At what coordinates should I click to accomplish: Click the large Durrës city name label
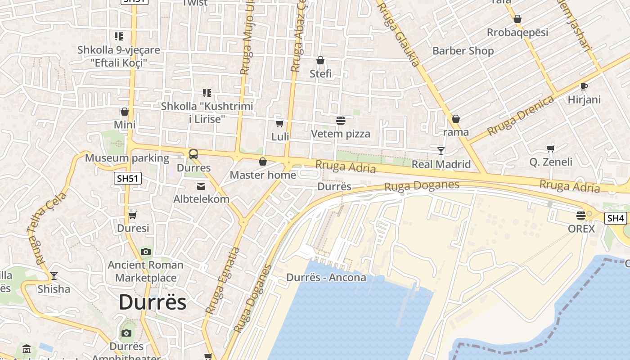click(x=152, y=302)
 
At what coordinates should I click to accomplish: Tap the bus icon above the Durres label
click(x=193, y=154)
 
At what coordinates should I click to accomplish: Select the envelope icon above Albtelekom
click(x=201, y=186)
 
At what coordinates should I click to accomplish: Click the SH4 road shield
click(x=616, y=218)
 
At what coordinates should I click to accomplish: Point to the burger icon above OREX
click(x=581, y=215)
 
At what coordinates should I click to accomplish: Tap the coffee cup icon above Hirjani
click(x=584, y=86)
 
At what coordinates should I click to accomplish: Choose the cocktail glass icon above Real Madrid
click(x=441, y=151)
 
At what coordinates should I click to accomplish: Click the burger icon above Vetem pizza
click(x=340, y=120)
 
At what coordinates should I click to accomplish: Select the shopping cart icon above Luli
click(x=280, y=123)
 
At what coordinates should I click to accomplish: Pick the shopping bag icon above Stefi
click(x=320, y=60)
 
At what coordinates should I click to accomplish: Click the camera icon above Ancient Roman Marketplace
click(x=145, y=252)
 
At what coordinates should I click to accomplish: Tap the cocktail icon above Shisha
click(x=54, y=275)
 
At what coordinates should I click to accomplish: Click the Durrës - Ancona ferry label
click(x=326, y=277)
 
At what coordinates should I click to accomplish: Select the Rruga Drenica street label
click(x=520, y=116)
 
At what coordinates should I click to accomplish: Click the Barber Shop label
click(x=463, y=51)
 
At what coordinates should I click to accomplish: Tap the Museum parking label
click(x=127, y=158)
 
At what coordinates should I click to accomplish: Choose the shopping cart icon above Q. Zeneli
click(x=550, y=148)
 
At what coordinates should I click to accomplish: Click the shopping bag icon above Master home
click(x=263, y=162)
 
